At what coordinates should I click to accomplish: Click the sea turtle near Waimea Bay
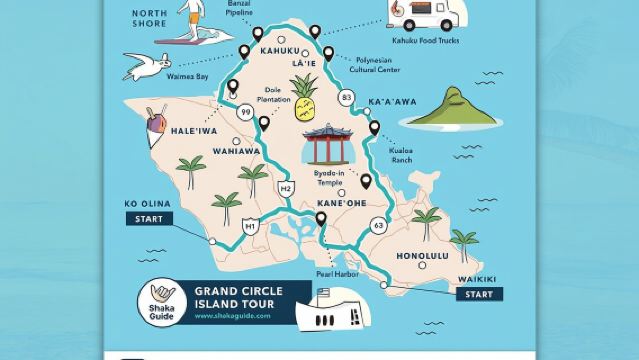point(142,67)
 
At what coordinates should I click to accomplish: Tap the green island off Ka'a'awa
point(455,109)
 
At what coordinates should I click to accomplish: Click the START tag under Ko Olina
point(146,218)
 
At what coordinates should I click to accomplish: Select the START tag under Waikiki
point(479,294)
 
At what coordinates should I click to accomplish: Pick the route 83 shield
point(346,97)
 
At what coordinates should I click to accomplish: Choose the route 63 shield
point(377,225)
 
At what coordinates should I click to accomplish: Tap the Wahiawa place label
point(236,151)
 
